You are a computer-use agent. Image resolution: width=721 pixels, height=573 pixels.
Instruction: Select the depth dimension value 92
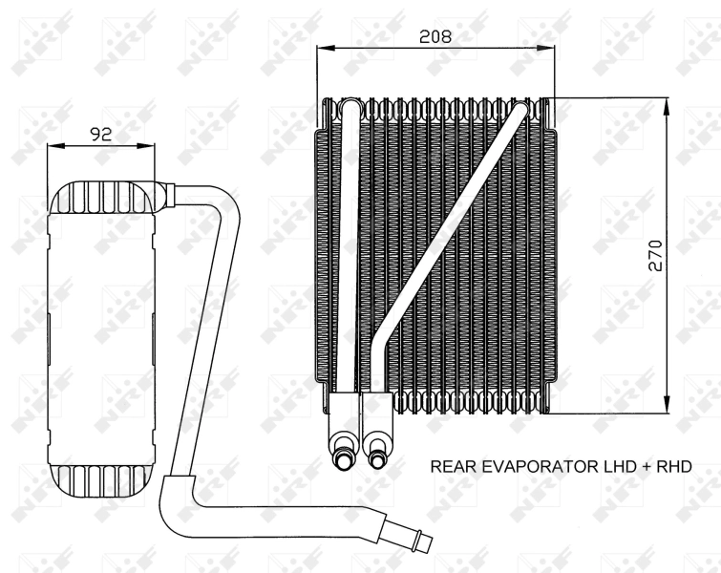(x=100, y=135)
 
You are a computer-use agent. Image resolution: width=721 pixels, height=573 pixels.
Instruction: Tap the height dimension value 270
(x=655, y=256)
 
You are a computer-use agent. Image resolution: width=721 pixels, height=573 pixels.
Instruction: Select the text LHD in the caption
(x=611, y=466)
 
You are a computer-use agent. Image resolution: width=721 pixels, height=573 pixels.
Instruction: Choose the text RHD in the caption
(x=670, y=466)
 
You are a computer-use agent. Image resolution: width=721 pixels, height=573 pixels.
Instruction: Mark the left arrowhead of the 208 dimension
(x=322, y=47)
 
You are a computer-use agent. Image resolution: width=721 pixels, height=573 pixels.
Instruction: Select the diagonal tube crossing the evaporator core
(x=449, y=229)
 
